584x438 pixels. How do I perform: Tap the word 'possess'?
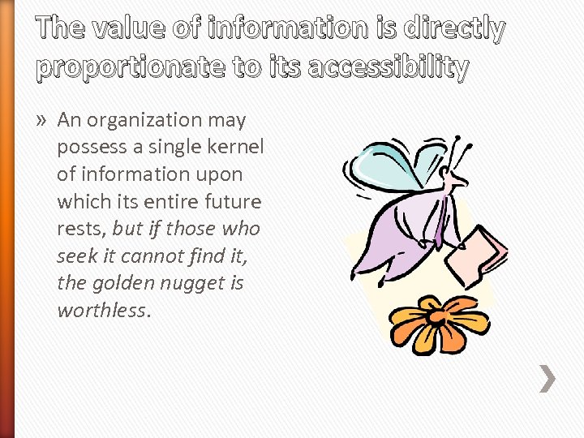click(x=88, y=147)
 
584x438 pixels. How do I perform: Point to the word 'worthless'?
click(x=102, y=311)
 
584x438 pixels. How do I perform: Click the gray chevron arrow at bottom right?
click(x=549, y=378)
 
